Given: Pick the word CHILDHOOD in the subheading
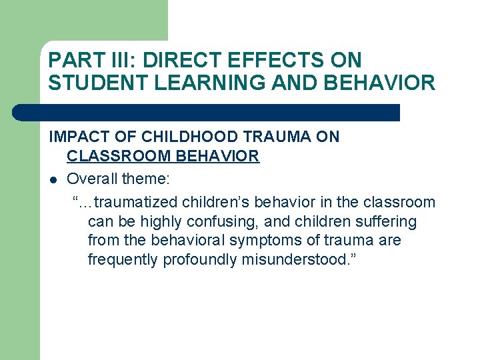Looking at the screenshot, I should coord(178,137).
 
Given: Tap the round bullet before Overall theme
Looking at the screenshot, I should coord(53,179).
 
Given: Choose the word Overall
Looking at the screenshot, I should coord(92,179).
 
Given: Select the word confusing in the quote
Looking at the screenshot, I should coord(241,221).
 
